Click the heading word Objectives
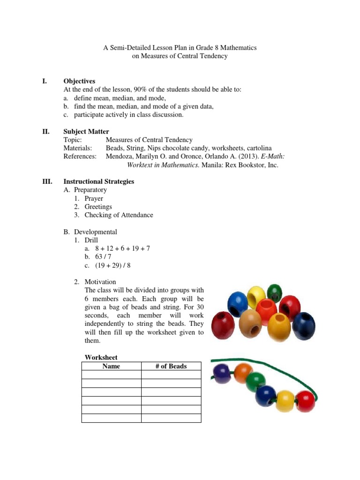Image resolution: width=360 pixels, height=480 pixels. [79, 81]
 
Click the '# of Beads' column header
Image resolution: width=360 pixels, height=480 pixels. [171, 366]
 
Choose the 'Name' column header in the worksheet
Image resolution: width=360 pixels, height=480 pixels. [111, 366]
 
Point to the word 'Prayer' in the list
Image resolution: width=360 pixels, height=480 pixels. [94, 198]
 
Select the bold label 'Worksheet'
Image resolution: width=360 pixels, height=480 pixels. [101, 357]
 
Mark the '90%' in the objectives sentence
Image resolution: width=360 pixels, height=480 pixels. [140, 90]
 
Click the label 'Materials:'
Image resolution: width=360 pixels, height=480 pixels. [78, 148]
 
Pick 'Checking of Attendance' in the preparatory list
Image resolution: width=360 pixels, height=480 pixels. [119, 215]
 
